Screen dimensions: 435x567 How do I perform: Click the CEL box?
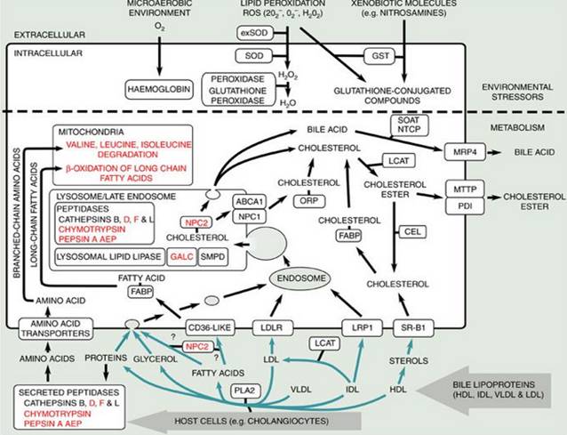click(411, 229)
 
